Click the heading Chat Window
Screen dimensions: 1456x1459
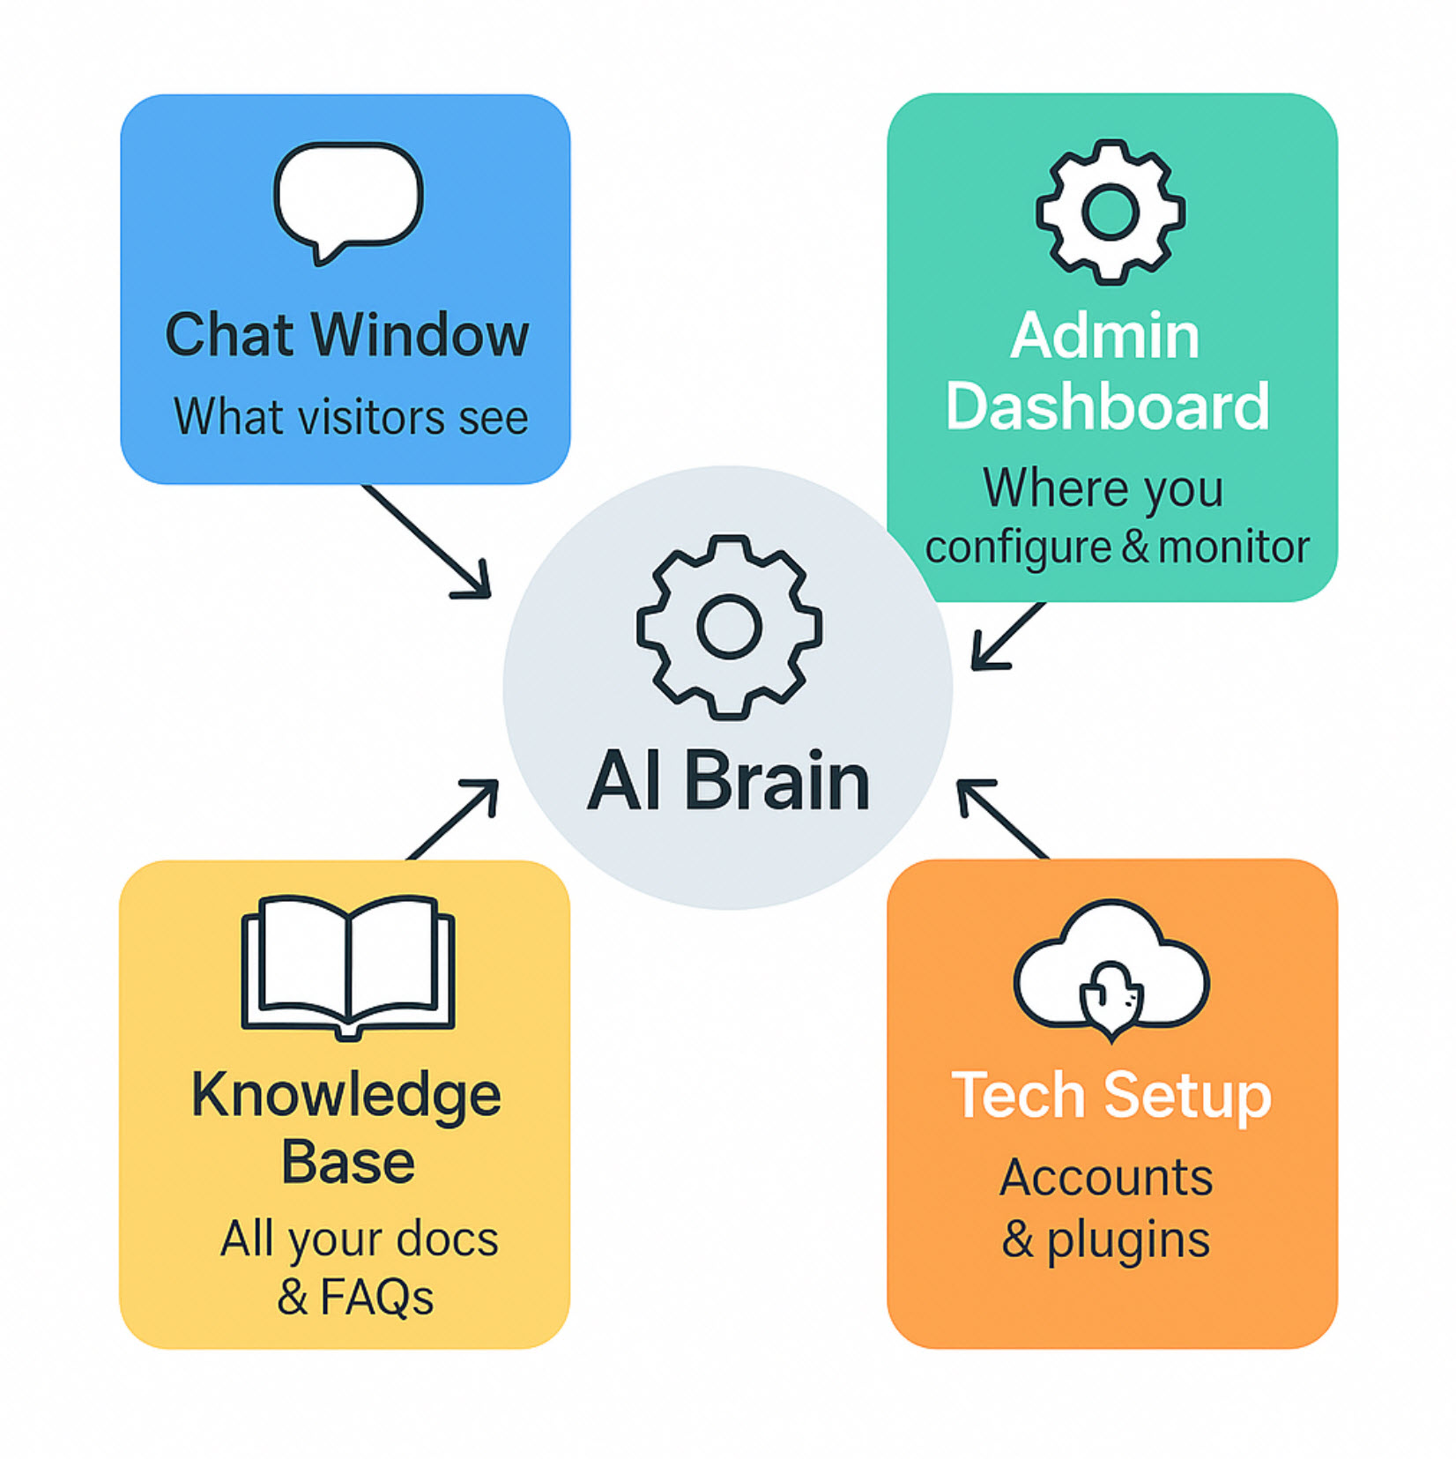pos(347,335)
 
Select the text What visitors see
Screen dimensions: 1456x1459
pos(351,416)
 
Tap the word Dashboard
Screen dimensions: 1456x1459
pos(1108,406)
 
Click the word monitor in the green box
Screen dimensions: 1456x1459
pos(1234,547)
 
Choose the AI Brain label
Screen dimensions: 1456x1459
pos(729,781)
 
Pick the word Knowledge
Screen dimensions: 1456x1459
pos(346,1097)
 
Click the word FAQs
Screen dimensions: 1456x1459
pos(377,1297)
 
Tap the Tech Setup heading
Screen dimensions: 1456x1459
pos(1111,1096)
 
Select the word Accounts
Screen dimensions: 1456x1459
pos(1106,1177)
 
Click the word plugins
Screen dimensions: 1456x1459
pos(1129,1240)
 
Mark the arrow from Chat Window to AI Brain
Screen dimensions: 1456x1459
pos(427,541)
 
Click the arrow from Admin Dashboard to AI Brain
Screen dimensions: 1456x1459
pos(1007,636)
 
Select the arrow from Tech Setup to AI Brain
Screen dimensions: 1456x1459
pos(1003,819)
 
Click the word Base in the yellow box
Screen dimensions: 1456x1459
pos(348,1162)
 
